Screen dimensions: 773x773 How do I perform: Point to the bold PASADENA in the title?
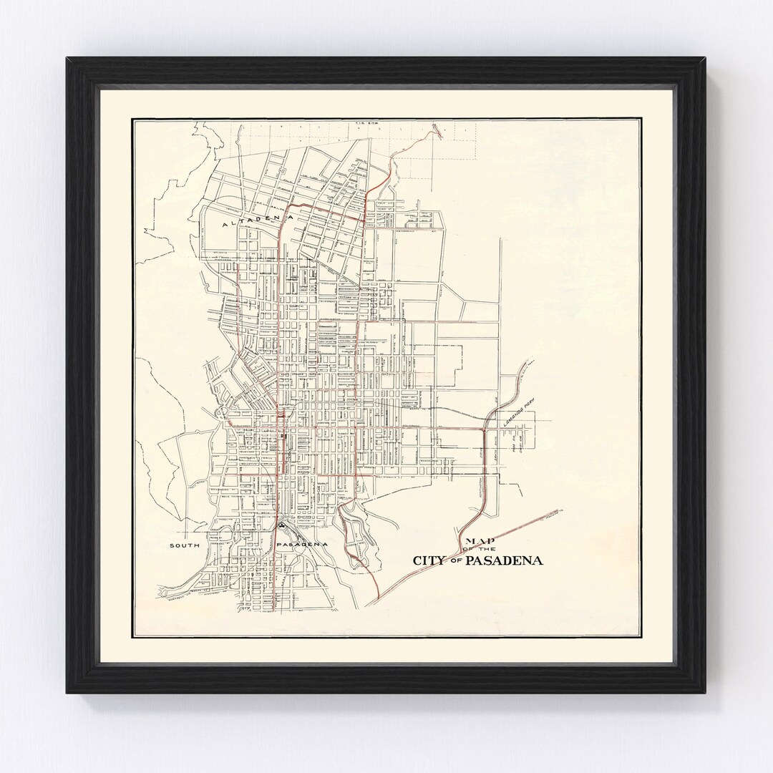point(504,560)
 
